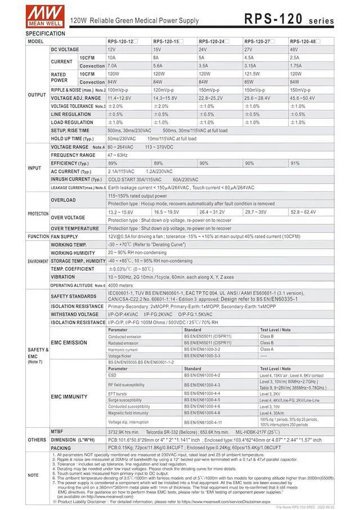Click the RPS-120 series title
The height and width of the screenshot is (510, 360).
coord(289,18)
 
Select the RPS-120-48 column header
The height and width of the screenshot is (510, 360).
coord(304,42)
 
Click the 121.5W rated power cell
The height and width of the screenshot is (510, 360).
coord(253,74)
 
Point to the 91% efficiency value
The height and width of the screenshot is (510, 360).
coord(295,163)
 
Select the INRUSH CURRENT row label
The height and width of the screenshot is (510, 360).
coord(72,180)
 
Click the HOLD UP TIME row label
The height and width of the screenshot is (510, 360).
coord(72,138)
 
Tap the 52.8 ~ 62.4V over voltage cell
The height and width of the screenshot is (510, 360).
coord(303,212)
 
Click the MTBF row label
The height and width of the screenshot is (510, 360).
coord(56,431)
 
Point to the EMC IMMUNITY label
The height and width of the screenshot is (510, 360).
coord(69,397)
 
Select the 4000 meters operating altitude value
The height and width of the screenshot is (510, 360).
coord(120,285)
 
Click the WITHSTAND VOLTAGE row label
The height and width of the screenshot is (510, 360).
coord(75,314)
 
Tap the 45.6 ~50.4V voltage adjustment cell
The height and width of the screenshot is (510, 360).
coord(303,98)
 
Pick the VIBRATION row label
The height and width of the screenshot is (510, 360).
coord(62,277)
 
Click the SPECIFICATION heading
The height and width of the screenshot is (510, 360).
coord(46,34)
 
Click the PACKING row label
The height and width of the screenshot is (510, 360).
coord(61,448)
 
